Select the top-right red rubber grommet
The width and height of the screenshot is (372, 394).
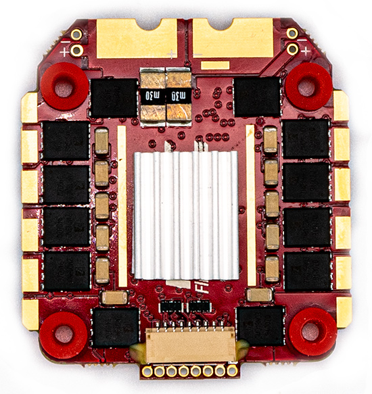(307, 86)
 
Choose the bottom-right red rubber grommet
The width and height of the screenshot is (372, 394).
(313, 331)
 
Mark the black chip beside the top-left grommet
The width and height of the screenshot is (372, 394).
(114, 97)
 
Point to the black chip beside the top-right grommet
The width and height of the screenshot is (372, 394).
(257, 96)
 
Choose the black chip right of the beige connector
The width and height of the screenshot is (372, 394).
(261, 327)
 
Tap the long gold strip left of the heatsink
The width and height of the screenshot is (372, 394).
(122, 206)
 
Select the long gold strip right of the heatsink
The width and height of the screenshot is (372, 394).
(250, 206)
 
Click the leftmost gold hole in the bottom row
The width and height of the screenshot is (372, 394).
(147, 370)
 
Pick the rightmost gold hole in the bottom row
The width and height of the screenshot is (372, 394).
(232, 370)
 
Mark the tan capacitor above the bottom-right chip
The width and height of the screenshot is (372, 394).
(259, 295)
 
